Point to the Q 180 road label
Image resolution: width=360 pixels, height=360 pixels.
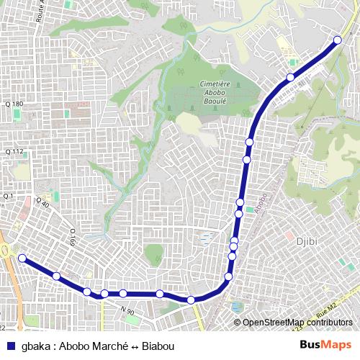tap(14, 104)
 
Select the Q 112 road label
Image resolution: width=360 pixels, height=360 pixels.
tap(14, 151)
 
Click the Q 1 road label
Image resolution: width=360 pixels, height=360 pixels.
tap(9, 196)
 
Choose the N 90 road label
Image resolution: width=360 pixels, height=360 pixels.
tap(127, 310)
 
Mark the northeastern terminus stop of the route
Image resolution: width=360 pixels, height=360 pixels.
tap(338, 40)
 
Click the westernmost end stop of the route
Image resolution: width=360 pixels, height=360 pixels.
tap(22, 258)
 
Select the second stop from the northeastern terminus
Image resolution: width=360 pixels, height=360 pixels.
tap(290, 77)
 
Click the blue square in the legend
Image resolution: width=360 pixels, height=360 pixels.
tap(10, 344)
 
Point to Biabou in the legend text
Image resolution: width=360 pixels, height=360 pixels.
tap(158, 345)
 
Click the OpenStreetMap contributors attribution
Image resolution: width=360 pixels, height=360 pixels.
tap(297, 323)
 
